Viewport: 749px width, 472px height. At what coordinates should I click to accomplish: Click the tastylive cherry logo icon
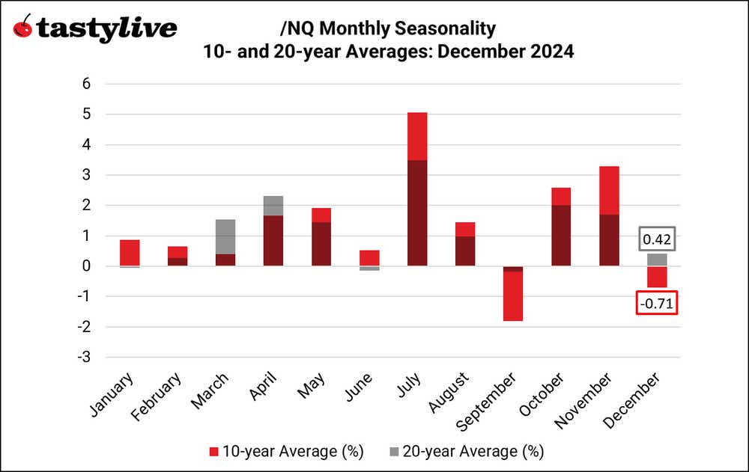(24, 28)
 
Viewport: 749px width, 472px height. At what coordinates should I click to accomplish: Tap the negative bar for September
(513, 293)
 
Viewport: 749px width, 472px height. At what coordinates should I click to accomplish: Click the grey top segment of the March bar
(225, 236)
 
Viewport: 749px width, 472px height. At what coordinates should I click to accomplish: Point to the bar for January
(130, 253)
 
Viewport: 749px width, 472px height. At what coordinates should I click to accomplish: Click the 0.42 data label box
(657, 239)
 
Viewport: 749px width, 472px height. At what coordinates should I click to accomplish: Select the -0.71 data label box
(657, 301)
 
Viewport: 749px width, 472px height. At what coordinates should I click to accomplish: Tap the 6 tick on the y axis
(86, 84)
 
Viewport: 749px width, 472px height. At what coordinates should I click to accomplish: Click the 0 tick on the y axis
(86, 266)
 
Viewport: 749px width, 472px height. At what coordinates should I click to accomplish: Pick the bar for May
(321, 237)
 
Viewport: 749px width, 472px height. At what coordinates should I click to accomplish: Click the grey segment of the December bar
(657, 260)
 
